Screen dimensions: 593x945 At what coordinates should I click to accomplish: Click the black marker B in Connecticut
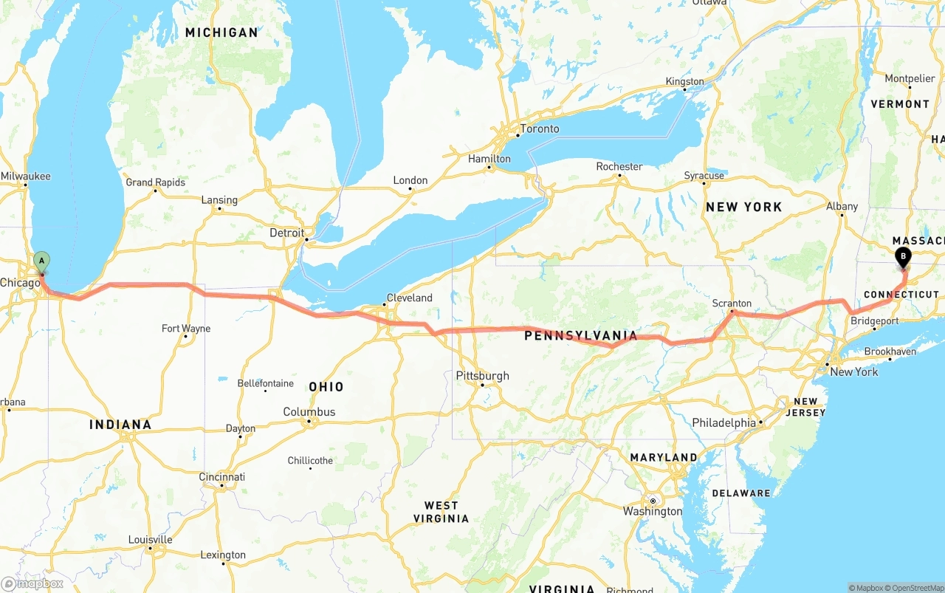point(902,258)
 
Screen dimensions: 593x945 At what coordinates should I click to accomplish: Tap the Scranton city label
point(732,304)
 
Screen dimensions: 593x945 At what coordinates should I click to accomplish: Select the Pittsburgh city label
point(482,376)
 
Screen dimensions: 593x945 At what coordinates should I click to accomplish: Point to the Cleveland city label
point(409,298)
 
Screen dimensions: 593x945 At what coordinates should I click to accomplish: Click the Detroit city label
point(286,233)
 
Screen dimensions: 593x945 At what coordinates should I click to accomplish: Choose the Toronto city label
point(540,128)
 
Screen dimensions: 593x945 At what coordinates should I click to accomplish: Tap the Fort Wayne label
point(186,329)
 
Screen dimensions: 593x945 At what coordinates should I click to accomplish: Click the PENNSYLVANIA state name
point(580,336)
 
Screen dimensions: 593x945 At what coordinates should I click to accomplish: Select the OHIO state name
point(326,387)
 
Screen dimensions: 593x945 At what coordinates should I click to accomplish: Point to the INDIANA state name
point(120,425)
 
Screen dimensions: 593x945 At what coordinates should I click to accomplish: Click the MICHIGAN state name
point(221,32)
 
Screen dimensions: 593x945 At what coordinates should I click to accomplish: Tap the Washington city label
point(653,511)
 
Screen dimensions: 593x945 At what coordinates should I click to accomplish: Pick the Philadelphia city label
point(724,423)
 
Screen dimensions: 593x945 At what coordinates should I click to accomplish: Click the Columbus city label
point(309,412)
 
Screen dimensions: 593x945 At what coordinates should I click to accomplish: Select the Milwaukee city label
point(26,176)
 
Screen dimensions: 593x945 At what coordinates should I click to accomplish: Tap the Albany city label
point(842,207)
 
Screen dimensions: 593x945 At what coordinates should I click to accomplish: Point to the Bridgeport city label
point(874,321)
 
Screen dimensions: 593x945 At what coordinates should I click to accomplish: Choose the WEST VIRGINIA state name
point(441,512)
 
